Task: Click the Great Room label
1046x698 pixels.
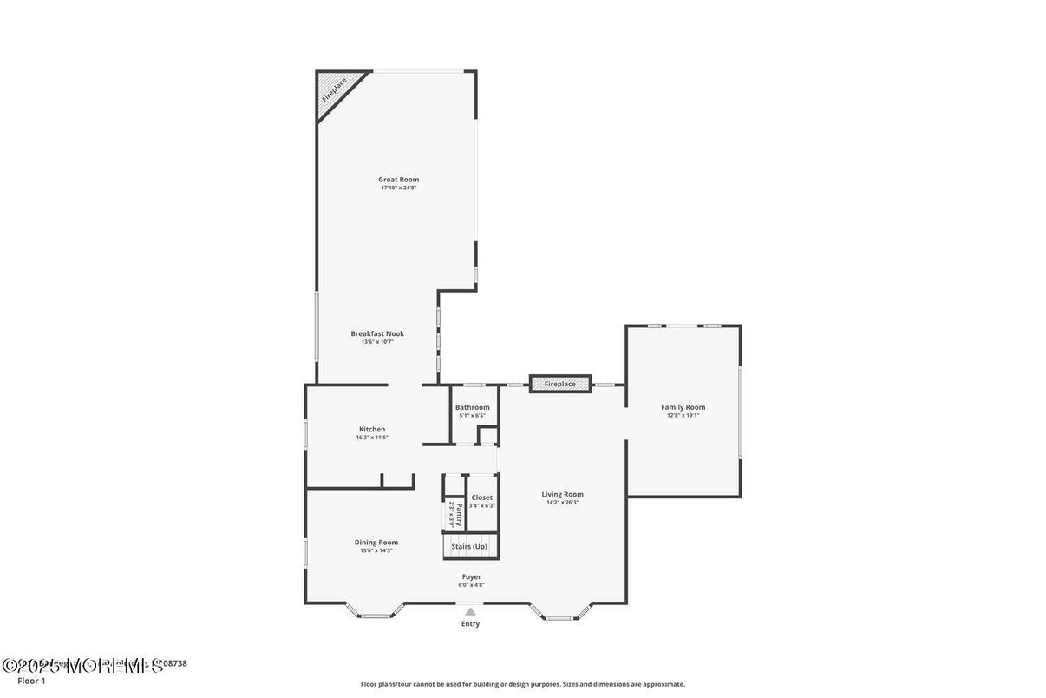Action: (x=398, y=180)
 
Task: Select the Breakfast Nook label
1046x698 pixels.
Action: (x=377, y=333)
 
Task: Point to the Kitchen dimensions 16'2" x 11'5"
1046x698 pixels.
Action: (x=372, y=438)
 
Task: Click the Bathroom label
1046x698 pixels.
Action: (x=473, y=407)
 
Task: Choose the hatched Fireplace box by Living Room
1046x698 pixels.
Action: (x=560, y=384)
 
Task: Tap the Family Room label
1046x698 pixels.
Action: (x=683, y=407)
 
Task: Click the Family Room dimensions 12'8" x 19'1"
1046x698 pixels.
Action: (x=683, y=416)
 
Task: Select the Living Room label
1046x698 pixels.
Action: (x=563, y=494)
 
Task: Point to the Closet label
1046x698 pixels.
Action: (x=482, y=497)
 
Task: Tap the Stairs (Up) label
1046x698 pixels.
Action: (x=469, y=546)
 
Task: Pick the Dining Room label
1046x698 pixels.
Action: (x=376, y=543)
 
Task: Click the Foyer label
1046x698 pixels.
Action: (x=471, y=576)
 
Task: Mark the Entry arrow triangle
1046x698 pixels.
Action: (x=470, y=611)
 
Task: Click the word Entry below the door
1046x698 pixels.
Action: (x=470, y=623)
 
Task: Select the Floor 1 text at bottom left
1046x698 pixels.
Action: (x=31, y=681)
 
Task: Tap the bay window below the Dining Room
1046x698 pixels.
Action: (x=376, y=613)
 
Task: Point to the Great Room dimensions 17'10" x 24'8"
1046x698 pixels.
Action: (x=398, y=188)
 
